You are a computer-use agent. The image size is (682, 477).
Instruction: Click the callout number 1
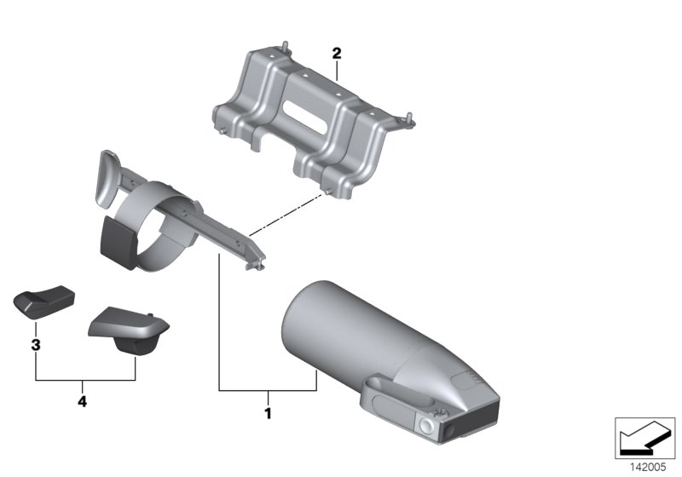pos(268,413)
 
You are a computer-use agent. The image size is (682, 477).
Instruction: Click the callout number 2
pos(337,54)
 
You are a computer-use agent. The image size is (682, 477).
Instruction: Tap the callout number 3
pos(36,345)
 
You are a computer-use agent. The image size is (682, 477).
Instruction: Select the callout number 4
pos(82,401)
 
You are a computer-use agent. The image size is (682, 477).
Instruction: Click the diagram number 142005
pos(648,467)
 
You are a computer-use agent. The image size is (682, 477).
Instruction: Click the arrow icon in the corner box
pos(644,438)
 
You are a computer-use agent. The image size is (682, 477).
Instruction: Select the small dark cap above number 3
pos(44,302)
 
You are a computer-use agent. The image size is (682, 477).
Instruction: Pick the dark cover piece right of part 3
pos(129,331)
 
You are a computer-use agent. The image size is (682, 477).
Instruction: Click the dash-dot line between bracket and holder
pos(286,215)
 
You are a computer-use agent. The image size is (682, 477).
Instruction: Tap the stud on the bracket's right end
pos(409,118)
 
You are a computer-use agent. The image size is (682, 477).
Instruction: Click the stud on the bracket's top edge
pos(285,46)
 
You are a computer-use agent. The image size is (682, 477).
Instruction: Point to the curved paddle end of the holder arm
pos(106,179)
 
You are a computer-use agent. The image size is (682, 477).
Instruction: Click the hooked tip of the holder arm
pos(256,263)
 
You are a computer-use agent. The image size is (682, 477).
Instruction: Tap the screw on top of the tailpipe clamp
pos(440,412)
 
